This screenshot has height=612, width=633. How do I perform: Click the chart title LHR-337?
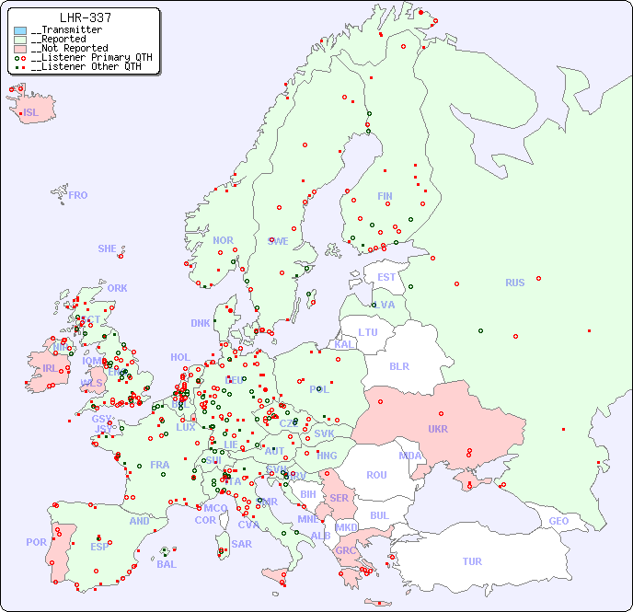[x=85, y=17]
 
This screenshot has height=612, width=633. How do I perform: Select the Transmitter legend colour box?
[x=20, y=30]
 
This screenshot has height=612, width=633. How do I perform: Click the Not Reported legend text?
[x=69, y=48]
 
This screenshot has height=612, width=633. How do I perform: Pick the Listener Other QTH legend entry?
[x=86, y=66]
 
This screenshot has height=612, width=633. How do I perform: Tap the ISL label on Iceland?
[x=30, y=113]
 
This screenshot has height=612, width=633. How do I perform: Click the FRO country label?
[x=77, y=195]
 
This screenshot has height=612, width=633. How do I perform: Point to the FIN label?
[x=385, y=196]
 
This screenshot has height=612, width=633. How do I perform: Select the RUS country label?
[x=514, y=283]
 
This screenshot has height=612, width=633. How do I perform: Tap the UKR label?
[x=437, y=429]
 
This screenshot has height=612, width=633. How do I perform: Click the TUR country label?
[x=472, y=561]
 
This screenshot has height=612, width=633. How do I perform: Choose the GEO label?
[x=558, y=521]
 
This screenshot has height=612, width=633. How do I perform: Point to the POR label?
[x=36, y=542]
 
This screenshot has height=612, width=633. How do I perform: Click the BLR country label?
[x=398, y=365]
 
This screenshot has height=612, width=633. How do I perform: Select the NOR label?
[x=223, y=240]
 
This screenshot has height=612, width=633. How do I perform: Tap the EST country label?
[x=386, y=277]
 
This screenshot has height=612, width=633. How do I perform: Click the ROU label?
[x=376, y=475]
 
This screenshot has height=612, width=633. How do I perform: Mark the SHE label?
[x=107, y=248]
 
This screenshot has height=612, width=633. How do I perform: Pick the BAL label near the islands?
[x=167, y=564]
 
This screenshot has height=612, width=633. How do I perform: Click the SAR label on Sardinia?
[x=241, y=544]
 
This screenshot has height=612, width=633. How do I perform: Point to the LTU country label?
[x=368, y=332]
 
